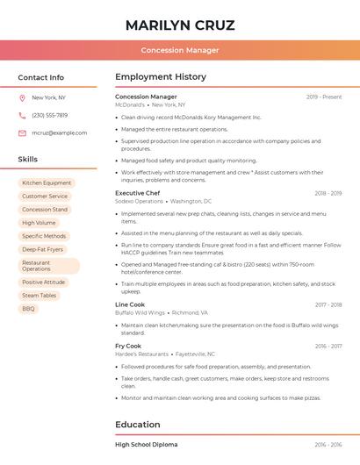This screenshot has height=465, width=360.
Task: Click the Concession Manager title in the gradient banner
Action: pyautogui.click(x=180, y=50)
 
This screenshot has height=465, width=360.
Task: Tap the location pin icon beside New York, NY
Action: pyautogui.click(x=22, y=98)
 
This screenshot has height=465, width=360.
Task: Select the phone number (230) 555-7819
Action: pyautogui.click(x=49, y=116)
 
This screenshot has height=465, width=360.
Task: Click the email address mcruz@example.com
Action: pyautogui.click(x=54, y=133)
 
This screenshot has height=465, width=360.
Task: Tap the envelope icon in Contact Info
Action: pyautogui.click(x=22, y=133)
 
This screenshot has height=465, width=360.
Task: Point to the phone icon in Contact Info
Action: pyautogui.click(x=22, y=116)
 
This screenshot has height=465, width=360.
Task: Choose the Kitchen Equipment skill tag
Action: pyautogui.click(x=47, y=183)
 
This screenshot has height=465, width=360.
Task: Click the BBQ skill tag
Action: pyautogui.click(x=29, y=309)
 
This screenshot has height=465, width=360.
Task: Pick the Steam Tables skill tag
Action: pyautogui.click(x=40, y=296)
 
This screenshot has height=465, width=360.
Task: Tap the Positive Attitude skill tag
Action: pyautogui.click(x=44, y=283)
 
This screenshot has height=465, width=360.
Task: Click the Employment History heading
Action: pyautogui.click(x=161, y=77)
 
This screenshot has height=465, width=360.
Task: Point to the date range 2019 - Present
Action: pyautogui.click(x=324, y=97)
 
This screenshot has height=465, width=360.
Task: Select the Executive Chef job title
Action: pyautogui.click(x=137, y=192)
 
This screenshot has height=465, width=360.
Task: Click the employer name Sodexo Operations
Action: pyautogui.click(x=139, y=201)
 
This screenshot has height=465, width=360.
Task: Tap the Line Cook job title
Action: pyautogui.click(x=130, y=304)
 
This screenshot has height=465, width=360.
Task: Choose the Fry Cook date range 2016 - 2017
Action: pyautogui.click(x=328, y=346)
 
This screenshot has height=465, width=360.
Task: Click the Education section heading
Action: pyautogui.click(x=138, y=425)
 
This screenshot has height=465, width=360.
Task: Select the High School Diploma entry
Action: pyautogui.click(x=146, y=445)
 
